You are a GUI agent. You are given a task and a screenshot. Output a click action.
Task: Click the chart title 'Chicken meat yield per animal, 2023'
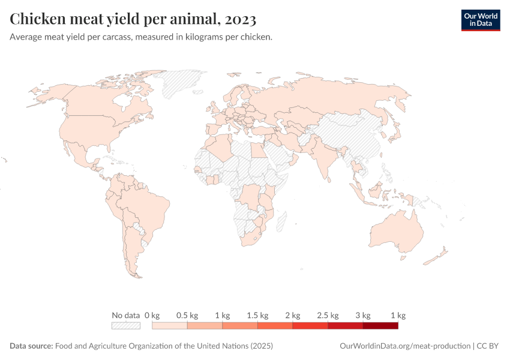point(133,19)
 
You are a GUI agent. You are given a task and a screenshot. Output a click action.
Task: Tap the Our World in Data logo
point(480,20)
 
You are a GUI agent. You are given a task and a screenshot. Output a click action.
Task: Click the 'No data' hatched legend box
point(126,326)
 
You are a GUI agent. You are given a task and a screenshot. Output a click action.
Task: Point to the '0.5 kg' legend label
point(187,315)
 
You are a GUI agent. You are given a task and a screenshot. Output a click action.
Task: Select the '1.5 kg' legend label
point(257,315)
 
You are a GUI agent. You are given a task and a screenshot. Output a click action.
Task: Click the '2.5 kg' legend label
point(328,315)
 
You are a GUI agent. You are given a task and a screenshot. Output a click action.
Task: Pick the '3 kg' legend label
point(363,315)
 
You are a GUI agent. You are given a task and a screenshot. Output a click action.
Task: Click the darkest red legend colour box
point(380,326)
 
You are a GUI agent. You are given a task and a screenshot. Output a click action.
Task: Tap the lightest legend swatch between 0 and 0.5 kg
point(170,326)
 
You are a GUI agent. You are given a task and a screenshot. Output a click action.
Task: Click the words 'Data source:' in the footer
point(31,346)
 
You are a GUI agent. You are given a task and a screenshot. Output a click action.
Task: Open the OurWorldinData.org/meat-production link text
point(405,346)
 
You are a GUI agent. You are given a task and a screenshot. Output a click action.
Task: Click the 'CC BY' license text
point(488,346)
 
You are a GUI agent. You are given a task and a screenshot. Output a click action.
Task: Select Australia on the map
point(396,231)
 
